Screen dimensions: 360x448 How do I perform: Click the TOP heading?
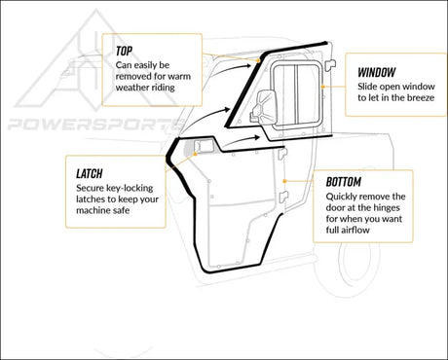[125, 50]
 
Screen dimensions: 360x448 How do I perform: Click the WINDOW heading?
[376, 73]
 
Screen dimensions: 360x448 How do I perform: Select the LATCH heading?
[92, 171]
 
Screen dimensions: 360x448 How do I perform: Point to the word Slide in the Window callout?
[368, 86]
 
